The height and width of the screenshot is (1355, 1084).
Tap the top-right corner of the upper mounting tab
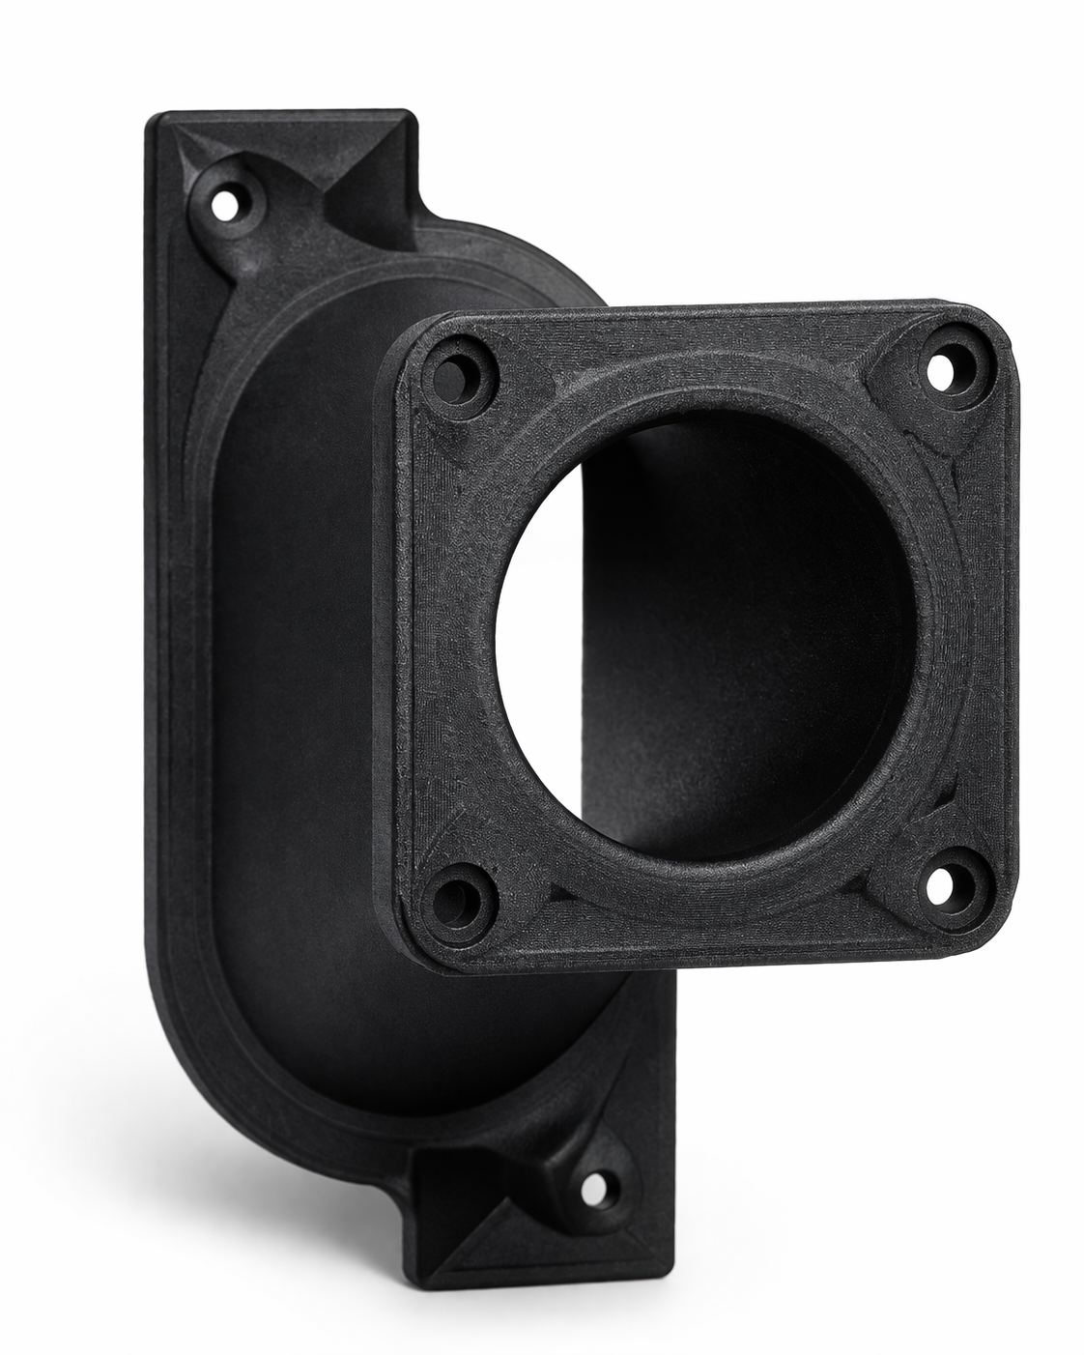point(414,117)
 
